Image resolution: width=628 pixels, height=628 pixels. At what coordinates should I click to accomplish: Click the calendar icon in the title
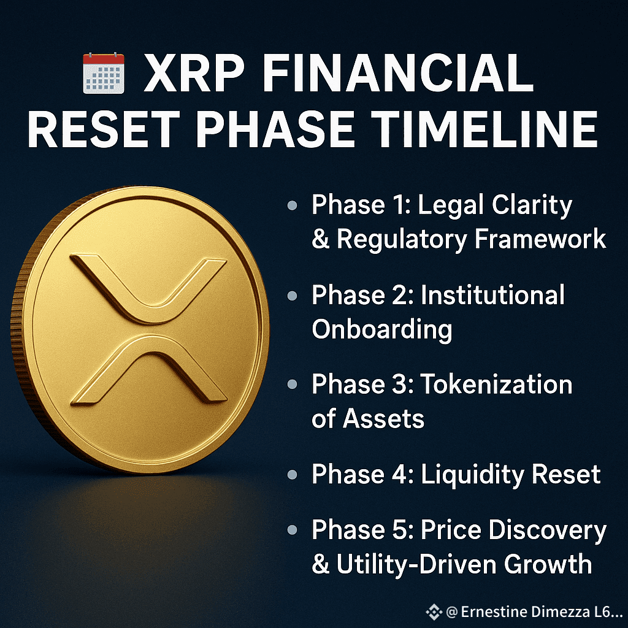tap(104, 74)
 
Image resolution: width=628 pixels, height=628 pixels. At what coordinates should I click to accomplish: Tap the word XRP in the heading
tap(194, 74)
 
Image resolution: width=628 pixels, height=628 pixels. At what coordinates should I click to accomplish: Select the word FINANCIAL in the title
tap(398, 74)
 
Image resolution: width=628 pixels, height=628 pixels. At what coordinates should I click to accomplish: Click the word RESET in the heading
tap(104, 129)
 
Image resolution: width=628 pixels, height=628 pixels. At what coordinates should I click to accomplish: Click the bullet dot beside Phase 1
tap(293, 205)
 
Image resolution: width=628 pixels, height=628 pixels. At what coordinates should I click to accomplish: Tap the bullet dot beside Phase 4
tap(293, 475)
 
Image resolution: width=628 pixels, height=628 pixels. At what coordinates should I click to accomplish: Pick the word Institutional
tap(492, 295)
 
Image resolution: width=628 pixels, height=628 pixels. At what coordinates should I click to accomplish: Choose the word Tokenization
tap(496, 385)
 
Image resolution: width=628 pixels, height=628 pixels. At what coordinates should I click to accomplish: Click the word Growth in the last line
tap(548, 564)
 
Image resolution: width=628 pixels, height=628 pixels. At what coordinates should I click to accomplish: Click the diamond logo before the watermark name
tap(434, 612)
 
